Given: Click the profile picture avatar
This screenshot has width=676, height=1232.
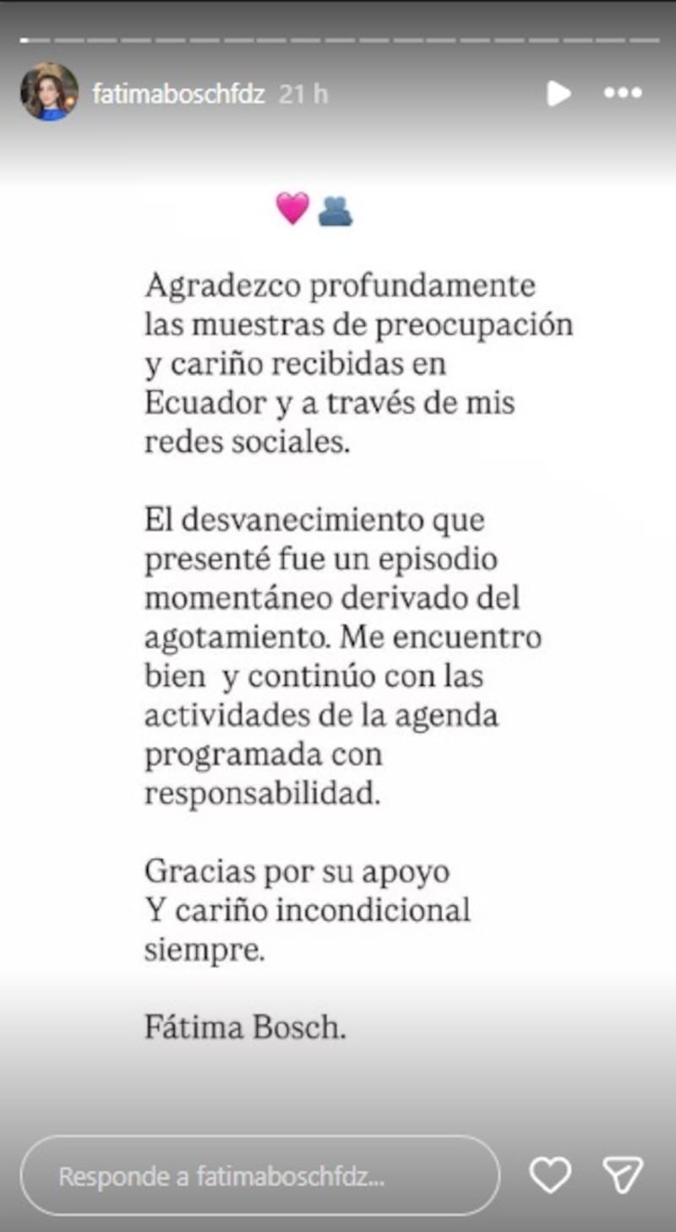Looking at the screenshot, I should pos(49,92).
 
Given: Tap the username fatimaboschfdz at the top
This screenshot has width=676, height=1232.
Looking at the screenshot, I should pos(178,94).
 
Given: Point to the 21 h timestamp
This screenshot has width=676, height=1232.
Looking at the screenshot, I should pos(303,94).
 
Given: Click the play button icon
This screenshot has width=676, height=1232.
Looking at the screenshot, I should pos(558,93).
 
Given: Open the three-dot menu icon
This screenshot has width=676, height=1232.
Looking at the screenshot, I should pos(623,93).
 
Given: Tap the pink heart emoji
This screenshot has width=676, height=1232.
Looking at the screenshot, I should pos(292,208).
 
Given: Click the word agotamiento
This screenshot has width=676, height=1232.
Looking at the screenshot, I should pos(238,638).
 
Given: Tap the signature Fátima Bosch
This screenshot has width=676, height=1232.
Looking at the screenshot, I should pos(245,1028).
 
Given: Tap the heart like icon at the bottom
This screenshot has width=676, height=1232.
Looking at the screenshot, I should pos(549,1175).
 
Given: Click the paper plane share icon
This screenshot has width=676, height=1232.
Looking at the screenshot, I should pos(623,1175).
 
